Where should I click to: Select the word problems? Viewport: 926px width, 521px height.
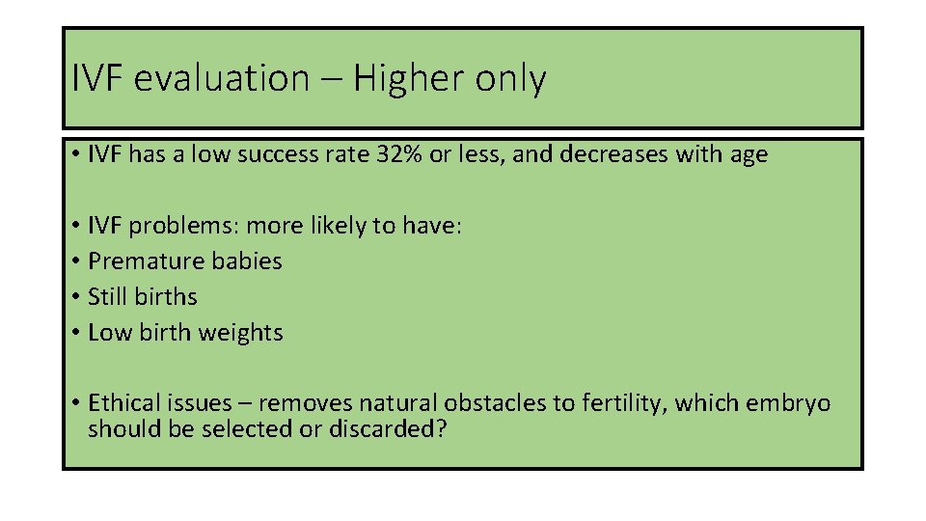[x=185, y=227]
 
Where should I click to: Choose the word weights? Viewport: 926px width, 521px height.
[x=241, y=333]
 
